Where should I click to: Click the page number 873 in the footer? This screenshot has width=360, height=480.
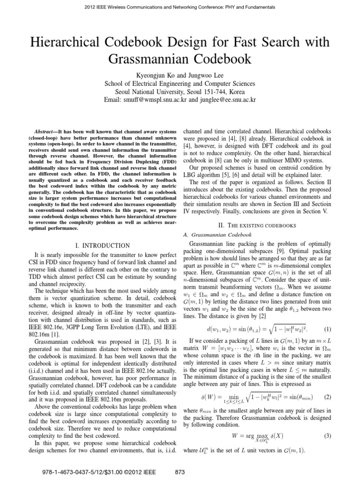point(180,472)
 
